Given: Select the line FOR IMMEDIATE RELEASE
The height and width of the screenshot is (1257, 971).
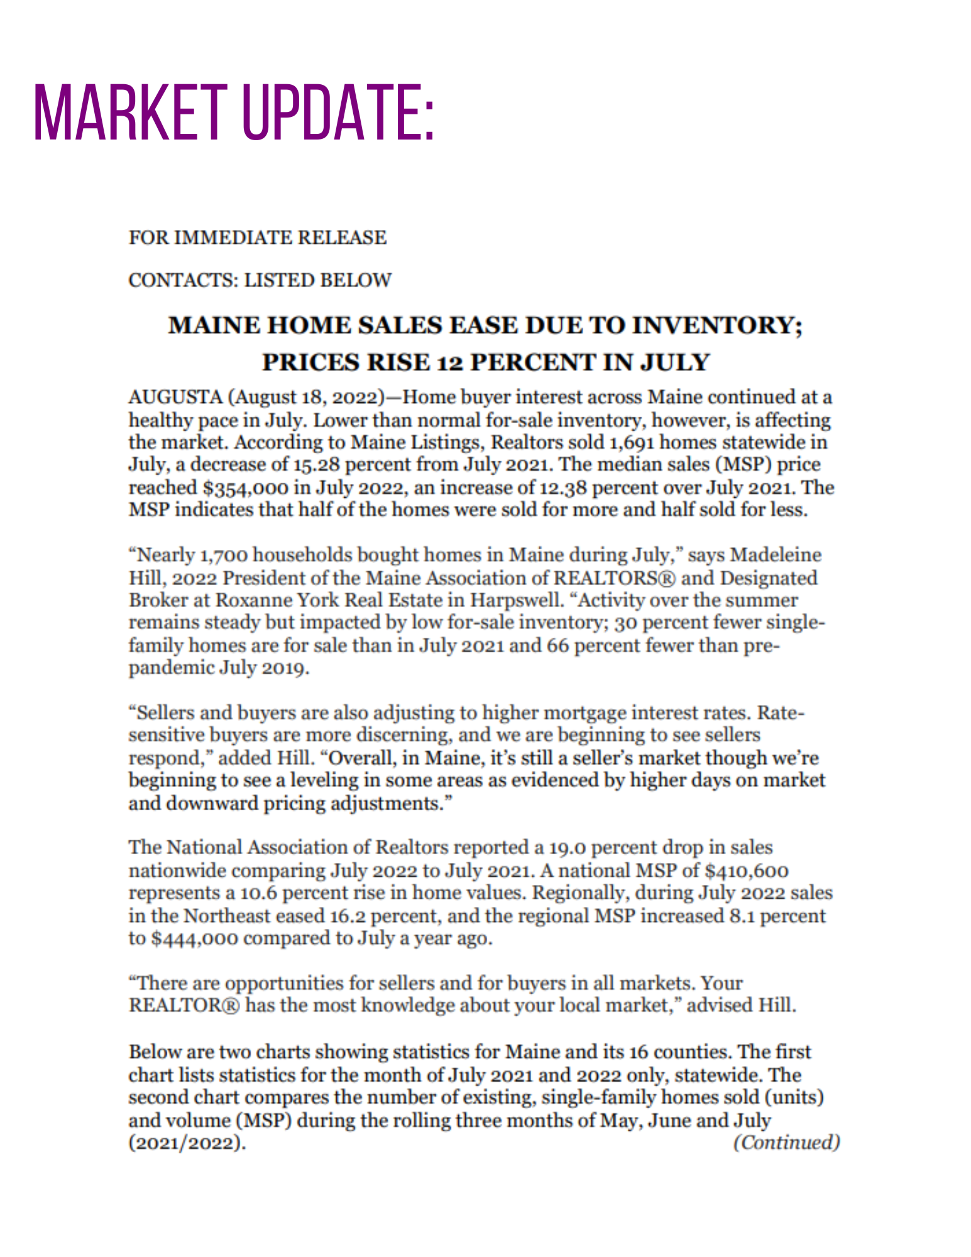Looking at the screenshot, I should (258, 238).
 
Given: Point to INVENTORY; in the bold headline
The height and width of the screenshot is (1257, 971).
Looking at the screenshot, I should (717, 326).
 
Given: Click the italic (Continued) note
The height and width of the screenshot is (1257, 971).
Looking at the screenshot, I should (786, 1142).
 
